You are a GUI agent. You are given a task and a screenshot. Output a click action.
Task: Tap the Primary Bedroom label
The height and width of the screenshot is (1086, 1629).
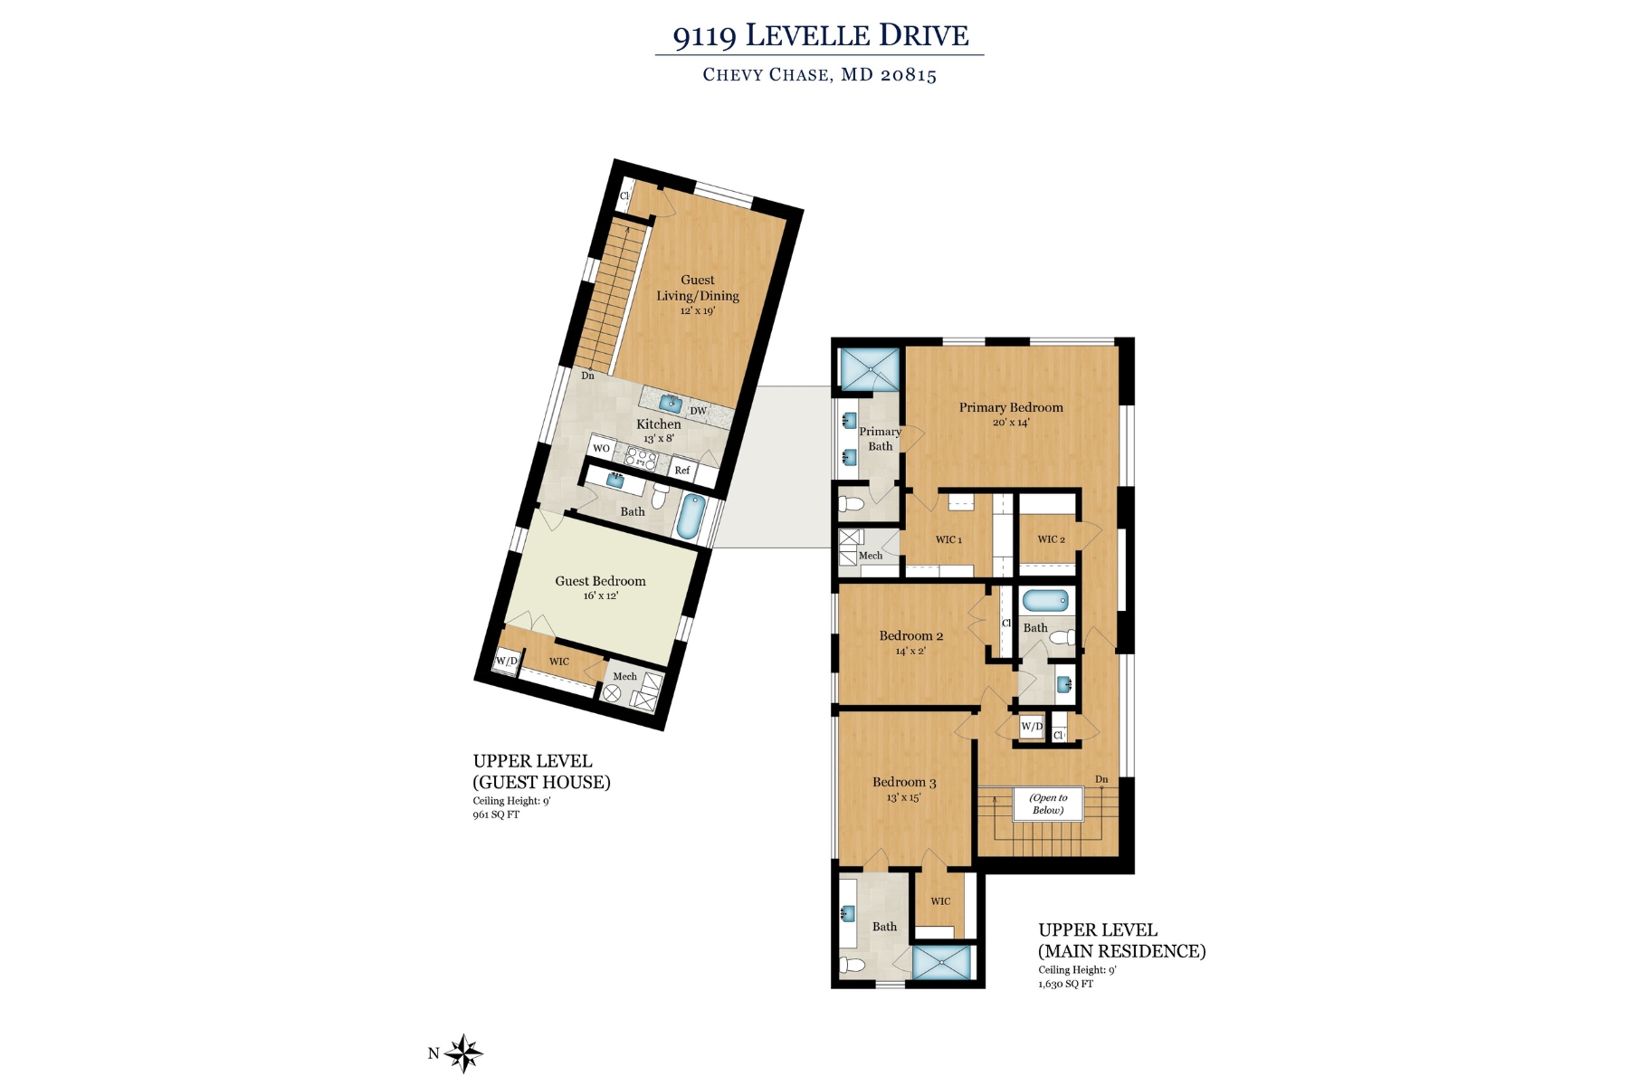[x=1011, y=407]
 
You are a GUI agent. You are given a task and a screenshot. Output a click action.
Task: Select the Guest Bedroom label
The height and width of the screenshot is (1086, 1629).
[x=600, y=581]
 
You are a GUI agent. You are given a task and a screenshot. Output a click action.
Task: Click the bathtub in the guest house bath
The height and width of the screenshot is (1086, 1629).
[x=691, y=516]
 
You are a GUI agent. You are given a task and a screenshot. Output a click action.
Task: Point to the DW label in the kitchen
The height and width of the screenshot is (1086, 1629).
[x=698, y=411]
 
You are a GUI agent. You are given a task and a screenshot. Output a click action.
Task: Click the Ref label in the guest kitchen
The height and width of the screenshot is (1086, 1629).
[x=682, y=470]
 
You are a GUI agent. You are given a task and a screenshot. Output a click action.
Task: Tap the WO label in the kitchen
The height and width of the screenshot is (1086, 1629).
[x=601, y=448]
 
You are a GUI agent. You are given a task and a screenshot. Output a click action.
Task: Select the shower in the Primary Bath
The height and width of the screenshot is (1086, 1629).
[x=870, y=368]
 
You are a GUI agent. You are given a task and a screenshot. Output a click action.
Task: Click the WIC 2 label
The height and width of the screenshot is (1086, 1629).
[x=1051, y=539]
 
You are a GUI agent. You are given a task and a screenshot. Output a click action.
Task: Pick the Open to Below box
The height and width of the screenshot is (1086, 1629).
[x=1048, y=804]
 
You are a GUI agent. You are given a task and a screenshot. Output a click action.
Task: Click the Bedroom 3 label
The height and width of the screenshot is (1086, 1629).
[x=904, y=782]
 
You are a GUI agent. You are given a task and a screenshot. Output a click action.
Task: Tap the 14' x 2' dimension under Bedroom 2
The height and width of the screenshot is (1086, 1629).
[x=910, y=651]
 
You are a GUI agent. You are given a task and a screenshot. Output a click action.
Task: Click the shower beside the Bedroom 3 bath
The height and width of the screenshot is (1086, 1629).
[x=942, y=962]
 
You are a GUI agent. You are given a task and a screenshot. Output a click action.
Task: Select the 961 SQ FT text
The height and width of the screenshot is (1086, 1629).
[x=496, y=814]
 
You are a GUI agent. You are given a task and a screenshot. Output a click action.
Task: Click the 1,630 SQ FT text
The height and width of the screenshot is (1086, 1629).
[x=1065, y=984]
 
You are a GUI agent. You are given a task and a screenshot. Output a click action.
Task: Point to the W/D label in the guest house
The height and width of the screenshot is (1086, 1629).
[x=506, y=661]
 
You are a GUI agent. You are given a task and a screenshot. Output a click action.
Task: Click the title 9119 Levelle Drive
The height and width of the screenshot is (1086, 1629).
[x=820, y=36]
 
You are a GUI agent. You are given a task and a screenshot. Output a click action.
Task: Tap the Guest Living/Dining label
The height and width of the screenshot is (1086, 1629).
[x=698, y=288]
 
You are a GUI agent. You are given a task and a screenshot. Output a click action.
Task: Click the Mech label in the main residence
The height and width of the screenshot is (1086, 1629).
[x=870, y=556]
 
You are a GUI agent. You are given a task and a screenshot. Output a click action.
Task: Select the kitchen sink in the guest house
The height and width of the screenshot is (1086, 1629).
[x=670, y=402]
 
